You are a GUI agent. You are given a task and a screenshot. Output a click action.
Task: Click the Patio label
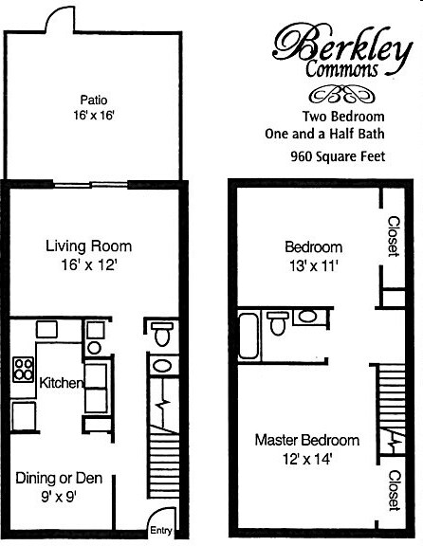[x=92, y=98]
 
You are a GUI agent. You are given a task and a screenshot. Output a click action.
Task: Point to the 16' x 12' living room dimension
[x=86, y=266]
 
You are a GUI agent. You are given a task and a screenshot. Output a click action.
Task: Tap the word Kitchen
[x=61, y=383]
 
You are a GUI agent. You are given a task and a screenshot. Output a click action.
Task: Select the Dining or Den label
[x=59, y=479]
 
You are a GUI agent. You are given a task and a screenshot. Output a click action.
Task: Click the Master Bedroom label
[x=306, y=441]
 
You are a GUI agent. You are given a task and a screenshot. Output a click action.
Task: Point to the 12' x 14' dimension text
[x=306, y=460]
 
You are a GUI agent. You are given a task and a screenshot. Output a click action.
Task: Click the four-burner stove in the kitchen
[x=22, y=368]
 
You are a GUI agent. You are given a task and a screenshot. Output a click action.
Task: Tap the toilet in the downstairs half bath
[x=160, y=335]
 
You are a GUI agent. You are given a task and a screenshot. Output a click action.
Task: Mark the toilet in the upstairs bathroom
[x=278, y=323]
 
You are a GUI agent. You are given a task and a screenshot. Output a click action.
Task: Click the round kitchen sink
[x=94, y=348]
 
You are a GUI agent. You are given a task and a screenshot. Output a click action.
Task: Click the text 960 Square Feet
[x=338, y=156]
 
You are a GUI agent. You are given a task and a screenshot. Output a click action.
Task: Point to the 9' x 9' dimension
[x=59, y=496]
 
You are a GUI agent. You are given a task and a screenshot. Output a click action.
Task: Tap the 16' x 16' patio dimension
[x=92, y=115]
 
